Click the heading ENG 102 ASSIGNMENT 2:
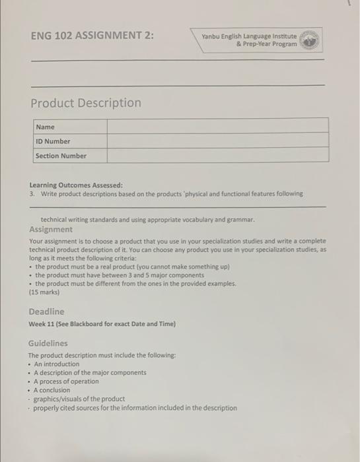tap(92, 35)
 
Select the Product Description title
tap(86, 103)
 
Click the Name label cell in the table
tap(46, 127)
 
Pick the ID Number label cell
tap(53, 141)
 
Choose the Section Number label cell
tap(61, 156)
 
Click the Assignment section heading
tap(51, 229)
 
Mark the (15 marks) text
tap(44, 292)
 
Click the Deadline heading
tap(46, 311)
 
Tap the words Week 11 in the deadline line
tap(43, 323)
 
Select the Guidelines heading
tap(48, 343)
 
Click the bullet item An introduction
tap(56, 364)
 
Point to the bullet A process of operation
tap(66, 381)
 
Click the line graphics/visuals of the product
tap(79, 399)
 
